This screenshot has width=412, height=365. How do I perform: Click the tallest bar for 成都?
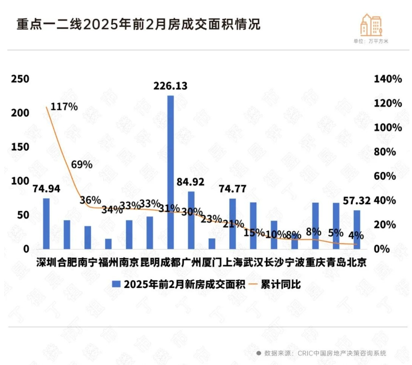tap(171, 172)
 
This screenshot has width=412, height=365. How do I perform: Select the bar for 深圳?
tap(46, 223)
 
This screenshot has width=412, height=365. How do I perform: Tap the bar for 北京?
tap(357, 229)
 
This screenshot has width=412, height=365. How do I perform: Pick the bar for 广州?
tap(191, 220)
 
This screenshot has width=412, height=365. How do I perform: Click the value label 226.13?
tap(171, 86)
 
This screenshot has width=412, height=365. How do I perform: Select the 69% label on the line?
tap(82, 164)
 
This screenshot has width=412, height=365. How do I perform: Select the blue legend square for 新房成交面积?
tap(116, 285)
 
